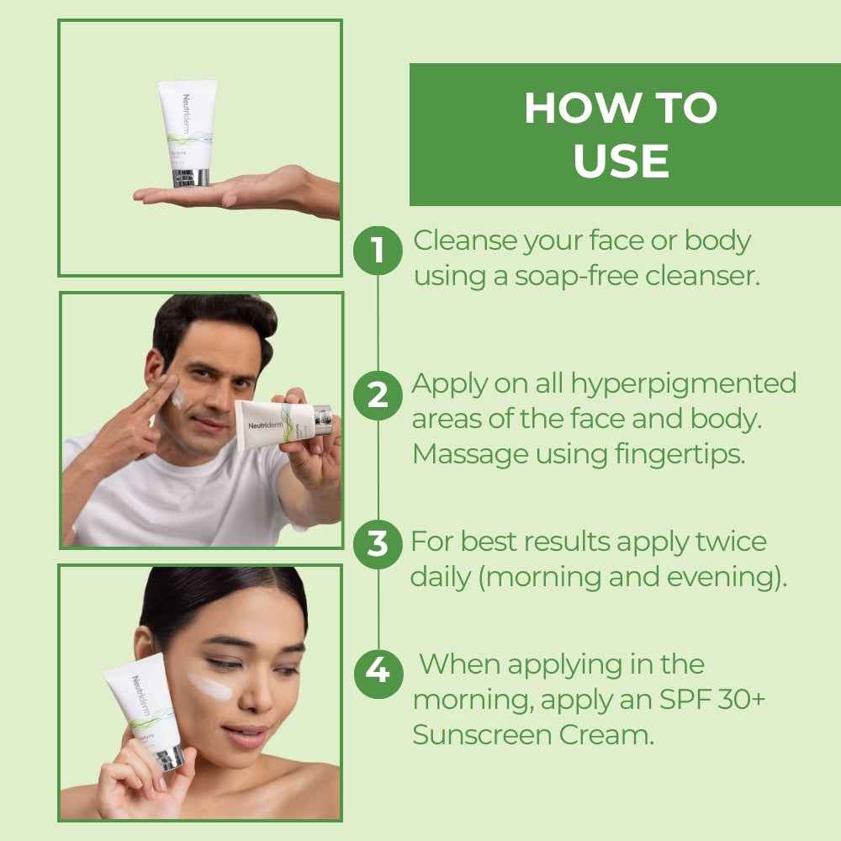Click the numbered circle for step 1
point(378,250)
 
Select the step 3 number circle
point(378,544)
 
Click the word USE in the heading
point(621,161)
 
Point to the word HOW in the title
point(574,108)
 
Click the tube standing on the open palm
point(188,130)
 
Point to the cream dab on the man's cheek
point(179,399)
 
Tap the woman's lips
point(246,736)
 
